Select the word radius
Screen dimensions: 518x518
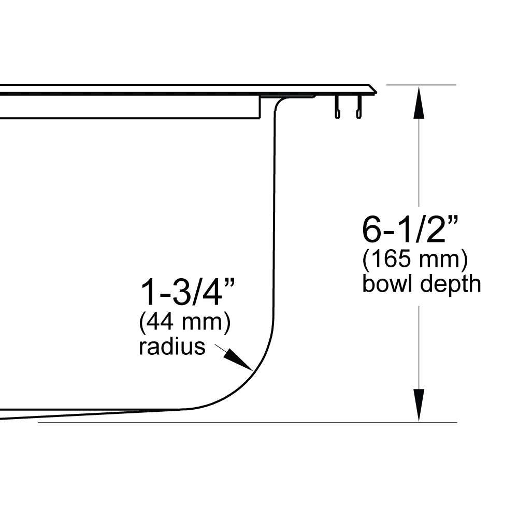172,347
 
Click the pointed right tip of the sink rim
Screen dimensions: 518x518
376,92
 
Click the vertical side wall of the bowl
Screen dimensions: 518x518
274,218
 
